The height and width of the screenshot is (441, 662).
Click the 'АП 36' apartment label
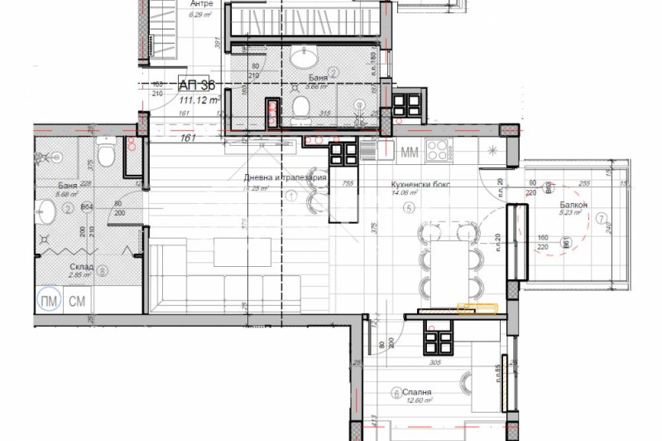click(x=197, y=85)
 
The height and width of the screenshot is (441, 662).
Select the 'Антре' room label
click(x=189, y=4)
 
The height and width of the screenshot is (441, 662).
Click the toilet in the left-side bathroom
click(x=104, y=156)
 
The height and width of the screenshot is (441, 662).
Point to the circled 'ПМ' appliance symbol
click(x=49, y=300)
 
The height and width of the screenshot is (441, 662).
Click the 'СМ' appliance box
click(x=76, y=300)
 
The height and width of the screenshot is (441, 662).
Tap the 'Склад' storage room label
click(x=81, y=268)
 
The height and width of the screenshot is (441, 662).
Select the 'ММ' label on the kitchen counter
click(x=409, y=153)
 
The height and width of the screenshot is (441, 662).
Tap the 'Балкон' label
click(x=573, y=204)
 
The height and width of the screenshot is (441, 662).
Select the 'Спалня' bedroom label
click(x=418, y=393)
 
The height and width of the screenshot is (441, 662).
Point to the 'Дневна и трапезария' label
click(x=285, y=178)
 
